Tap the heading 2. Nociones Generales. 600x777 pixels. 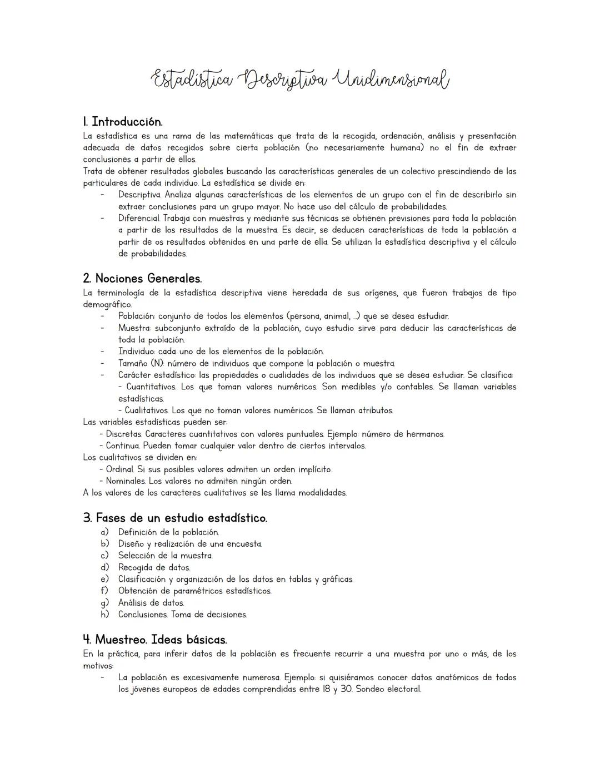142,278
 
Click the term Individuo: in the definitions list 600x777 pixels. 137,352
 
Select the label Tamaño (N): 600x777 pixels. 141,363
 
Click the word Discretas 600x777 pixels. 123,434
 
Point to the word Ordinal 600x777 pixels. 121,469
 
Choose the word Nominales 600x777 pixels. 126,481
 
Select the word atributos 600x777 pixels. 376,410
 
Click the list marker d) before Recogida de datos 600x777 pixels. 104,567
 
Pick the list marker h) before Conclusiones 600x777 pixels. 104,615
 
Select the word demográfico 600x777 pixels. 107,305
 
